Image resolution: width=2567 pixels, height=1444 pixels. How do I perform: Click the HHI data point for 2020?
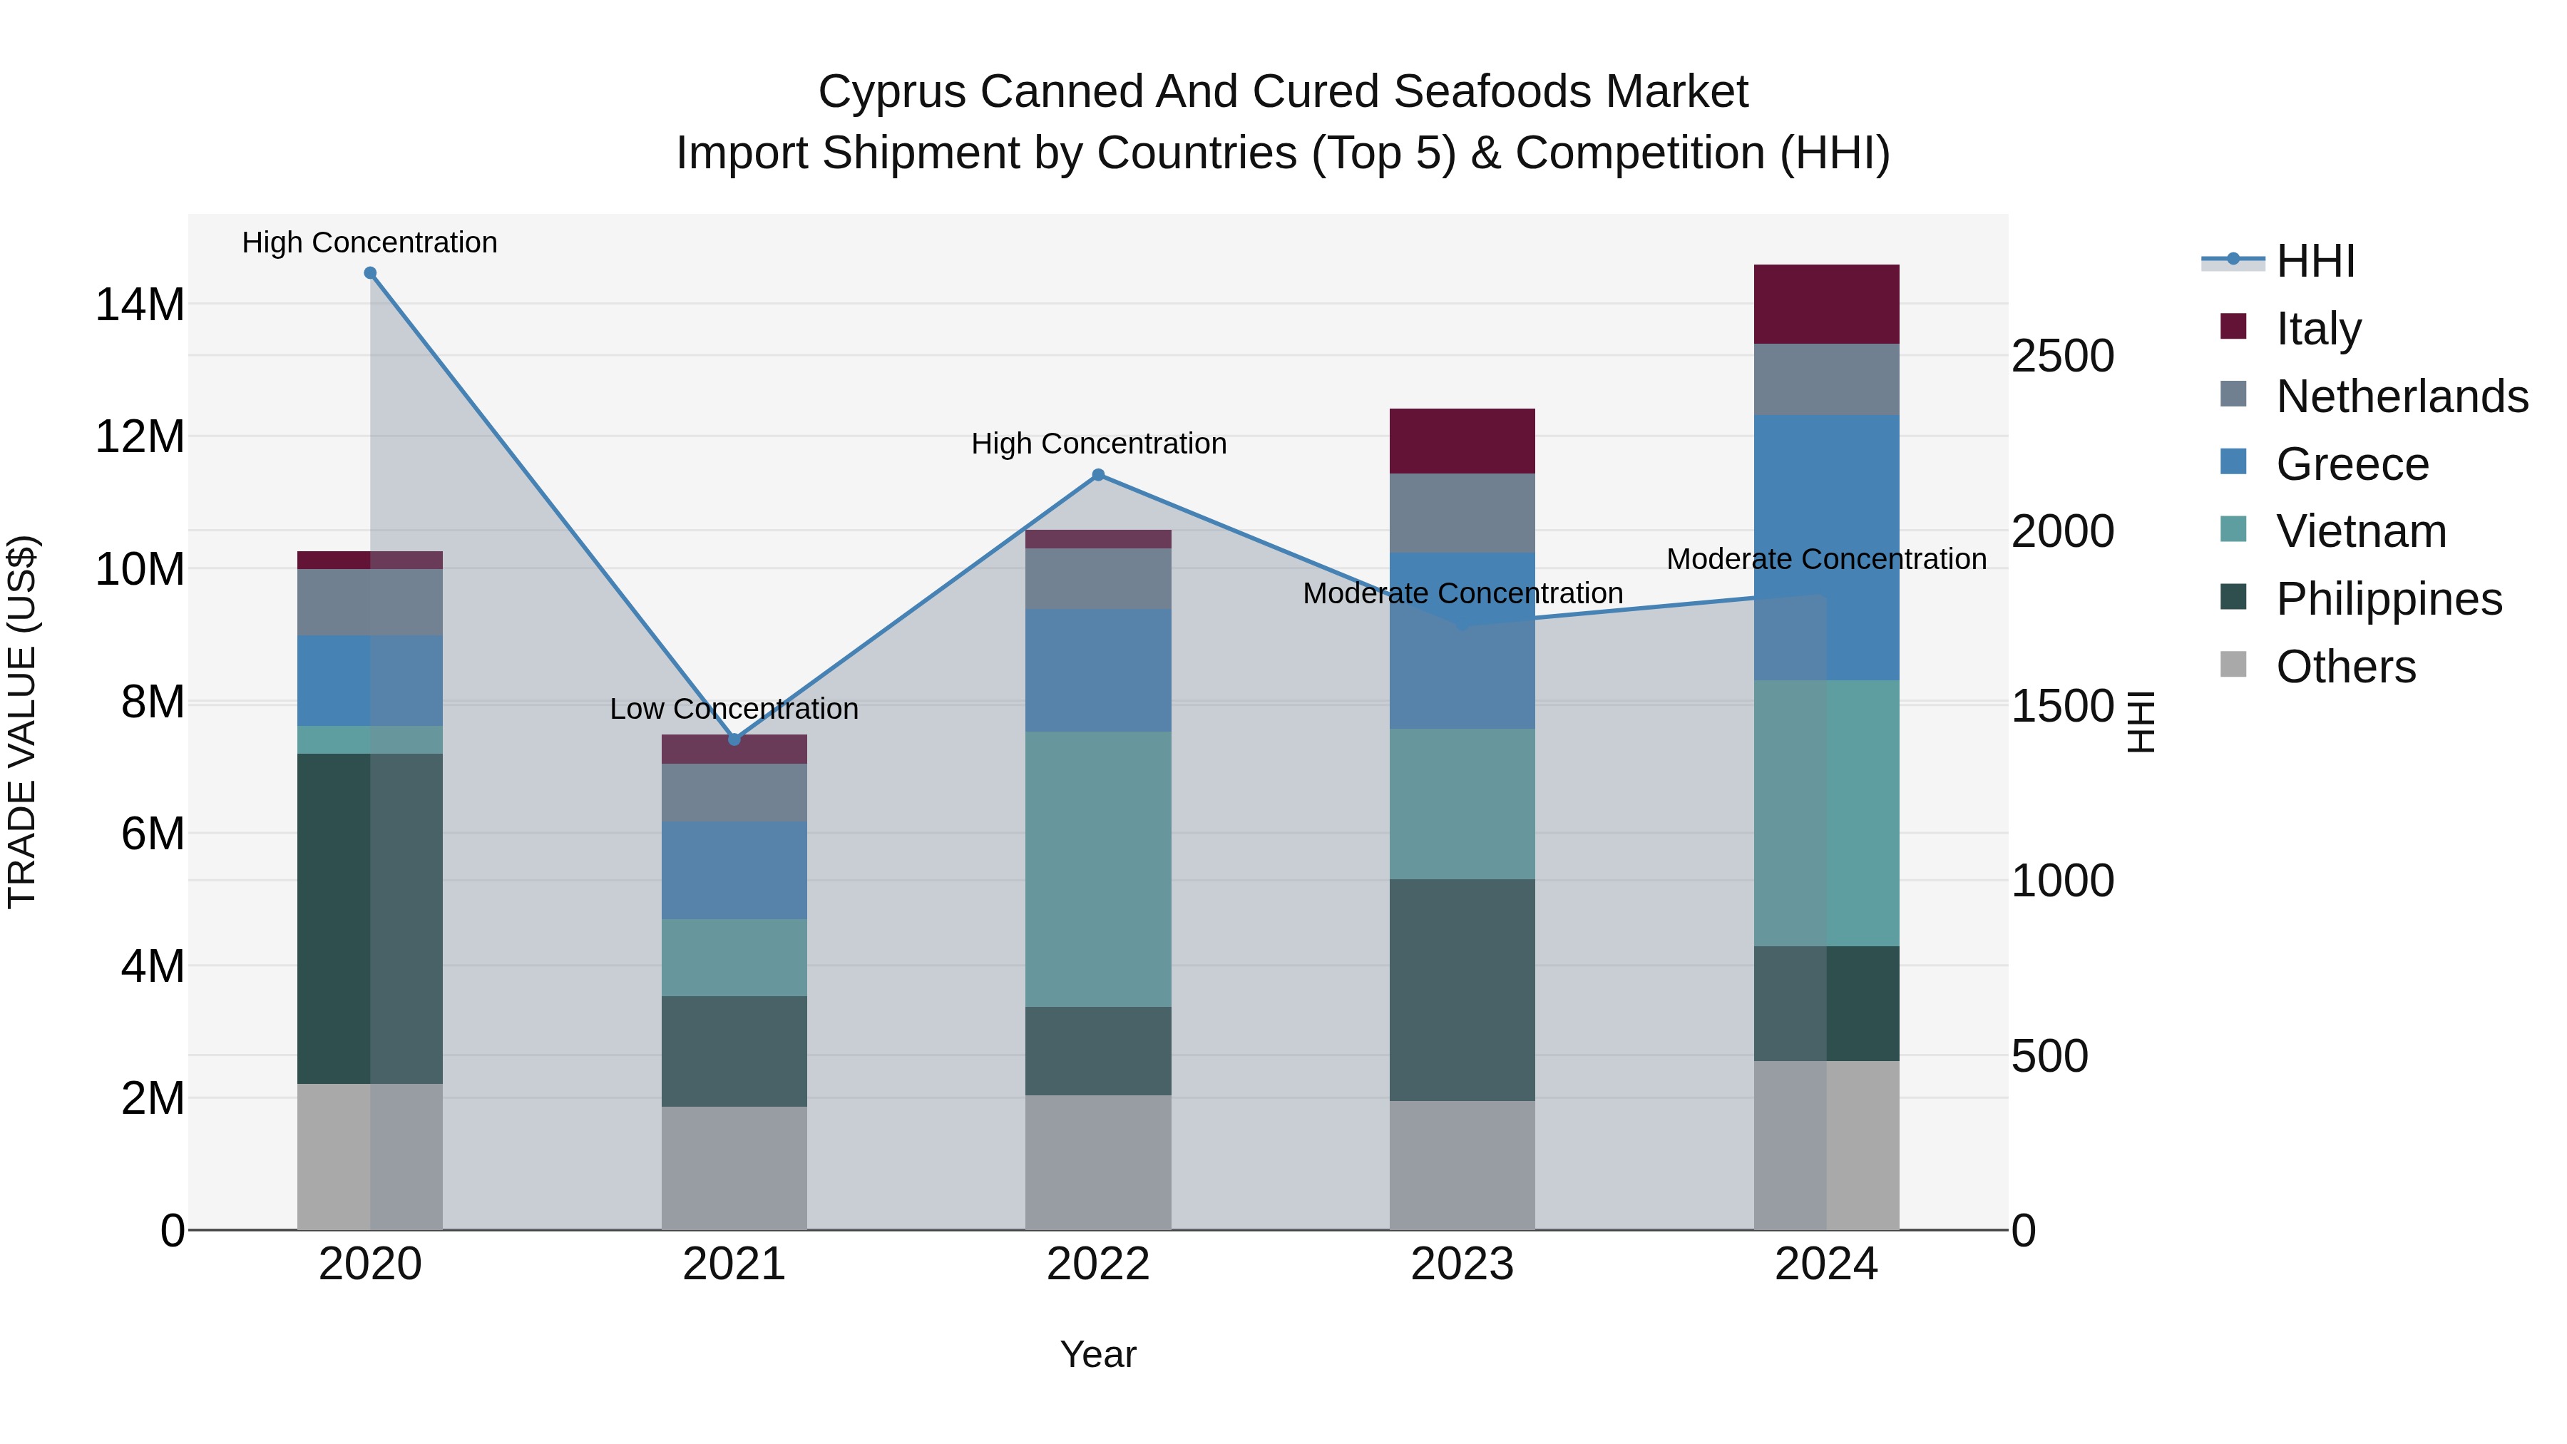369,273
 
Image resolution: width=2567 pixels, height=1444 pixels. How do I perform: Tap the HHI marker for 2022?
1098,476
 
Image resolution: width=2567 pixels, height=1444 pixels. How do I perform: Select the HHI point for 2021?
734,739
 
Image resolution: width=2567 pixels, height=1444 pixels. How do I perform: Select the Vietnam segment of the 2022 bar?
1098,869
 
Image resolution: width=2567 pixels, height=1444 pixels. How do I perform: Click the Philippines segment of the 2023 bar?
1462,990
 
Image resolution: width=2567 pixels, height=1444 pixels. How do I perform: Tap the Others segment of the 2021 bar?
734,1168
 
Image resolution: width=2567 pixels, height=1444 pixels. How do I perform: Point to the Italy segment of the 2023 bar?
1462,441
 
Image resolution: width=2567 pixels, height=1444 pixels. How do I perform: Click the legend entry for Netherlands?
2402,396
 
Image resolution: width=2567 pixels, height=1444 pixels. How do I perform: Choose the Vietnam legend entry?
2361,531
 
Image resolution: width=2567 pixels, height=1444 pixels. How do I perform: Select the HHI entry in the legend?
2315,261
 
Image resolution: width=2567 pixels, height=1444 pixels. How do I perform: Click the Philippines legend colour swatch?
2233,598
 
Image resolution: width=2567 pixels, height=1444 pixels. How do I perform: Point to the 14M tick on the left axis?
140,304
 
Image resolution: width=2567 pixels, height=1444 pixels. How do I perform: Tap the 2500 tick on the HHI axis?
2061,356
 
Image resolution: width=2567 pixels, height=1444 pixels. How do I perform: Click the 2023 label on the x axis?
1462,1264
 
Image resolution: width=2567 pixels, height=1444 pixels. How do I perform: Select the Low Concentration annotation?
734,709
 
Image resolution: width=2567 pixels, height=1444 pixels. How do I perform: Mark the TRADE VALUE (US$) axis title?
22,722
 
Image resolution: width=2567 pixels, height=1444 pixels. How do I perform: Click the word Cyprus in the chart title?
892,92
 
